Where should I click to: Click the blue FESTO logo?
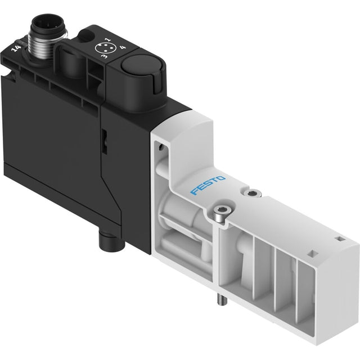[208, 185]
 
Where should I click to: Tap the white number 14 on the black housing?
[16, 48]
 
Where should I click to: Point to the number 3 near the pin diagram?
[105, 56]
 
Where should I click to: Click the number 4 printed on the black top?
[123, 47]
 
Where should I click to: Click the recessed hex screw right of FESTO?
[253, 193]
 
